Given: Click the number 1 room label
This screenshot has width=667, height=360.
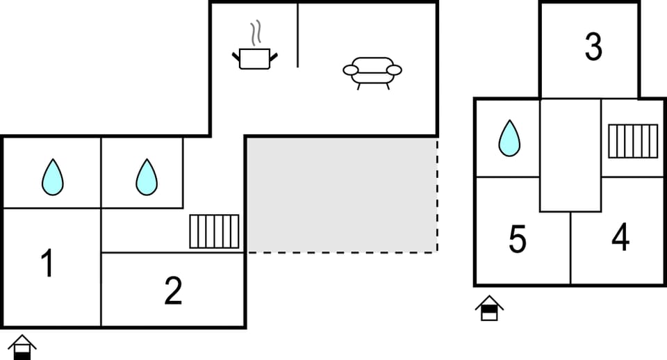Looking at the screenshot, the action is [x=47, y=263].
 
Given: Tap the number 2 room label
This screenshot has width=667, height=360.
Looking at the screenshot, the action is [x=173, y=291].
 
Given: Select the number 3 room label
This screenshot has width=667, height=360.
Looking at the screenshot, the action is [x=593, y=46].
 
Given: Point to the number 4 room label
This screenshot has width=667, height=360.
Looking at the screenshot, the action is [x=620, y=237].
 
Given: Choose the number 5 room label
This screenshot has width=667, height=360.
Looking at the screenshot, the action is [x=517, y=239].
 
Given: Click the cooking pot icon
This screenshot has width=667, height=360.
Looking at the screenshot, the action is [x=255, y=58].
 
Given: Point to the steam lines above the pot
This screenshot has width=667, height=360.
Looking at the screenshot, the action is [x=255, y=33].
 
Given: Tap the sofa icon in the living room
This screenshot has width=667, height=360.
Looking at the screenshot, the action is [x=372, y=73].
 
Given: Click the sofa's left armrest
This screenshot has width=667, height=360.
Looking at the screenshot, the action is [x=351, y=70].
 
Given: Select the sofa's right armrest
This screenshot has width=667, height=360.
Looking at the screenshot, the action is [x=394, y=70].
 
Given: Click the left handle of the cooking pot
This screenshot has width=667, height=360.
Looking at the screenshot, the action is [x=236, y=56].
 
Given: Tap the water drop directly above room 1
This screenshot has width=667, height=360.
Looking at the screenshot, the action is [x=53, y=177].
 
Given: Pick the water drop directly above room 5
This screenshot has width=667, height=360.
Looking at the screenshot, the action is [x=509, y=138].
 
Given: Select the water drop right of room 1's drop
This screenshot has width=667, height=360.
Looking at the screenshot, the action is [x=147, y=177].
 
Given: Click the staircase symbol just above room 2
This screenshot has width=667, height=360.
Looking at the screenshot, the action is [x=215, y=231].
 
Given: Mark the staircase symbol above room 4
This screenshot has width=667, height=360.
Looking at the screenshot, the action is [x=633, y=141].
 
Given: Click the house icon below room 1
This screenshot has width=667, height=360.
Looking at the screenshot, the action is [x=22, y=347].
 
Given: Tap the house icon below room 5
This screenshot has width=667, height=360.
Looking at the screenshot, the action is [x=489, y=308].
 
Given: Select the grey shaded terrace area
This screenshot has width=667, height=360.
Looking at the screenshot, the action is [x=343, y=195].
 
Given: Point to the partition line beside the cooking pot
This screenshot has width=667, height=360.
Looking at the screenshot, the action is [x=297, y=35].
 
